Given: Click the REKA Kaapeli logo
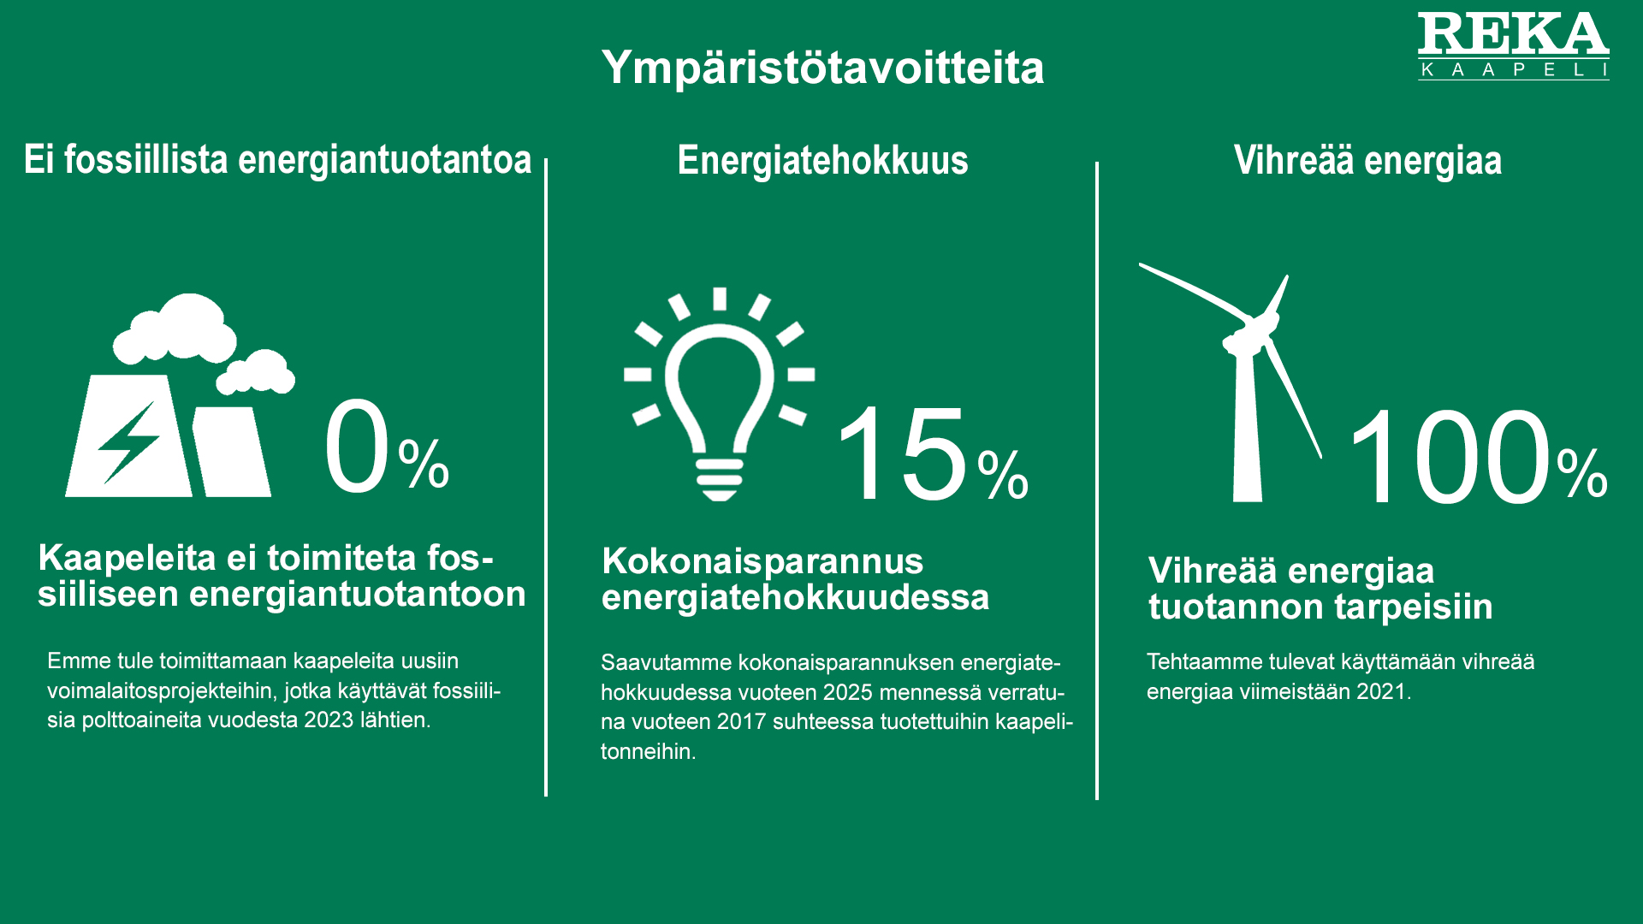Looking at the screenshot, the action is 1513,46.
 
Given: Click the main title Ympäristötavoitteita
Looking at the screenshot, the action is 822,68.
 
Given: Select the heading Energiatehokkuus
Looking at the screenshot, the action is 822,160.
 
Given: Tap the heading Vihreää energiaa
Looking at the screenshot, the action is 1367,160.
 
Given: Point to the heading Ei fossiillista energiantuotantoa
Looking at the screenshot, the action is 277,160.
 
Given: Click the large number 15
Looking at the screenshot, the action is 902,454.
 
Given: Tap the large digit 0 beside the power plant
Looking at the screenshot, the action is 357,446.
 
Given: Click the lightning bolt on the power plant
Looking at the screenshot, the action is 128,441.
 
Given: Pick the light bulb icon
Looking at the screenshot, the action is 719,394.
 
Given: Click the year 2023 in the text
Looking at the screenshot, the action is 328,720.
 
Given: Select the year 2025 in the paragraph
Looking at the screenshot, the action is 848,692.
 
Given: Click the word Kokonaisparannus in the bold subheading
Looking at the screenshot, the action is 762,561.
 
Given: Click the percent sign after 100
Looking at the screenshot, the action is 1582,473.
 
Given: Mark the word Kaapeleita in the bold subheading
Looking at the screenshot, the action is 128,558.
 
